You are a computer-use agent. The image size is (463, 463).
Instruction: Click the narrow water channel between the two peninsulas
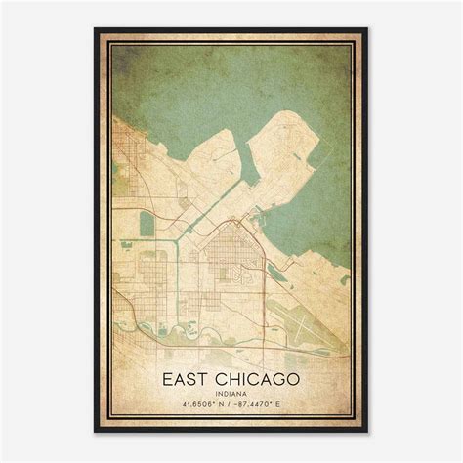tap(244, 166)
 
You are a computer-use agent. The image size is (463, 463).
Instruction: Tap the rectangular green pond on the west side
tap(147, 224)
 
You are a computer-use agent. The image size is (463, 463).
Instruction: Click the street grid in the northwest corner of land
tap(132, 147)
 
